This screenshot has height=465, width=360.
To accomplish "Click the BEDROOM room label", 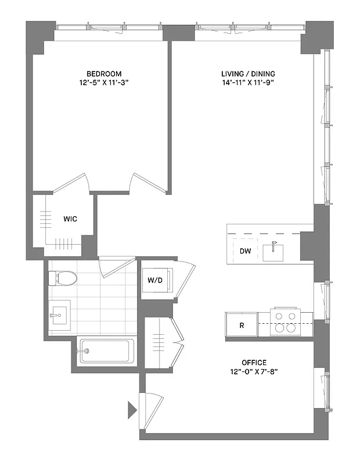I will point(104,73).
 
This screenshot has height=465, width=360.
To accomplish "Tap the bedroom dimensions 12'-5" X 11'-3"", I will point(104,83).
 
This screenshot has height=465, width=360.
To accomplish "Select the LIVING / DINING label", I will point(248,73).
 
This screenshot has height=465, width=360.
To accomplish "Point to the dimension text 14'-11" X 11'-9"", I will point(248,83).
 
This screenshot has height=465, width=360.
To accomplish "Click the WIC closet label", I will point(70,219).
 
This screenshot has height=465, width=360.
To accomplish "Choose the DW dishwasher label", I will point(245,251).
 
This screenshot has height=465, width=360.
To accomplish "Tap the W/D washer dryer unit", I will point(155,280).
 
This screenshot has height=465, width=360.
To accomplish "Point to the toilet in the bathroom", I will point(62,278).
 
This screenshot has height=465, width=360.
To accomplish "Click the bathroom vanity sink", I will point(59,317).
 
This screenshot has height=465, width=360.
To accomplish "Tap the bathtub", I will point(107,351).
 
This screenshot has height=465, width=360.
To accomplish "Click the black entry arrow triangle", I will point(132,410).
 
